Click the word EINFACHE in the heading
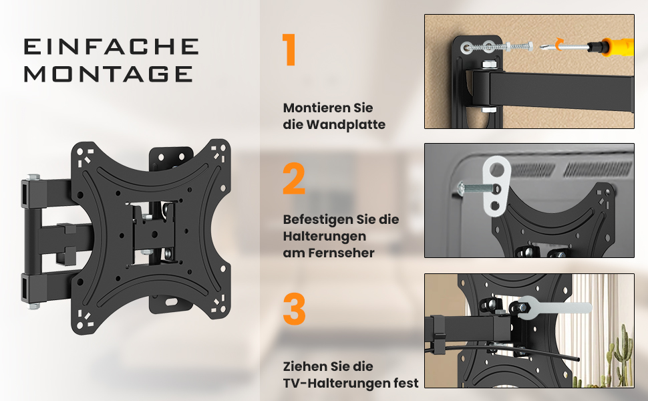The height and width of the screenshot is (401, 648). point(111,46)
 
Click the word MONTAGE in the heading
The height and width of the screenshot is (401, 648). point(109,74)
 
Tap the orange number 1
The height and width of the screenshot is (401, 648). point(290,49)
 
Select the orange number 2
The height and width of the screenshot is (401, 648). point(294,178)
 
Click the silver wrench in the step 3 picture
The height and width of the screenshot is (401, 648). point(553,307)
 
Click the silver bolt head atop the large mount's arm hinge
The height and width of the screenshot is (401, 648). point(33,177)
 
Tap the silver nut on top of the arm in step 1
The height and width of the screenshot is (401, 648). point(489,65)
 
